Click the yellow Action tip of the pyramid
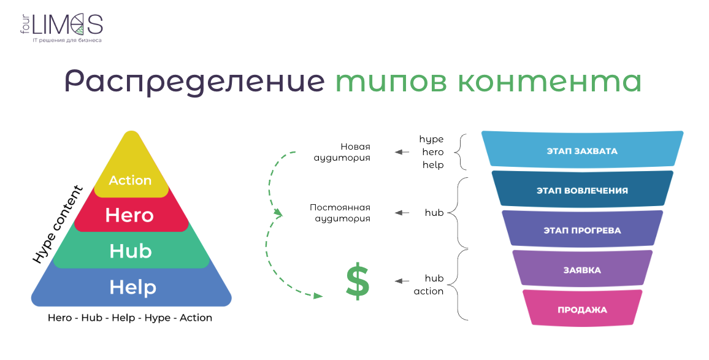pyautogui.click(x=131, y=170)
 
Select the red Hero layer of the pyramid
pyautogui.click(x=131, y=215)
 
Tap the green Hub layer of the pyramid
pyautogui.click(x=131, y=250)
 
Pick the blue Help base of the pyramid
pyautogui.click(x=131, y=287)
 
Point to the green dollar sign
pyautogui.click(x=357, y=281)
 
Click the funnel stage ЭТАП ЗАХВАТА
pyautogui.click(x=582, y=151)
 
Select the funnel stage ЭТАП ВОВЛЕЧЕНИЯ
pyautogui.click(x=582, y=190)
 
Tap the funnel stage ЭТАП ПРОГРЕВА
pyautogui.click(x=582, y=230)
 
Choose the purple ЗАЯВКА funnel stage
pyautogui.click(x=582, y=270)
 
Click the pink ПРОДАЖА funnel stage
pyautogui.click(x=582, y=309)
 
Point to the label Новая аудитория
pyautogui.click(x=342, y=152)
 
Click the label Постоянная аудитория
pyautogui.click(x=340, y=213)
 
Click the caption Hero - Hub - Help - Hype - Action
pyautogui.click(x=130, y=318)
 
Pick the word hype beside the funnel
pyautogui.click(x=431, y=139)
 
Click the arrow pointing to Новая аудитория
pyautogui.click(x=402, y=152)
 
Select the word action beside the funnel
pyautogui.click(x=429, y=291)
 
